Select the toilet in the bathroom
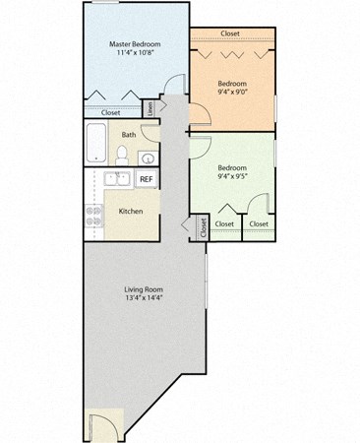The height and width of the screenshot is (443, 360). [122, 155]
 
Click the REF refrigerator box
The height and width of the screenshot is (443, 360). [145, 179]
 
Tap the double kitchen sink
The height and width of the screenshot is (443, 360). [114, 179]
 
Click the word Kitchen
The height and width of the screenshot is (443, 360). [132, 211]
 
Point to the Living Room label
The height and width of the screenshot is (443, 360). [143, 288]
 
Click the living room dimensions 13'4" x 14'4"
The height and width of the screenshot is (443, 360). [143, 299]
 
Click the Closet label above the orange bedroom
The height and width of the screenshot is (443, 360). [230, 33]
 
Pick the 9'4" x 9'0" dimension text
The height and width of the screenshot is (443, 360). [232, 95]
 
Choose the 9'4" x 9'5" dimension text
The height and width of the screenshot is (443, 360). [233, 179]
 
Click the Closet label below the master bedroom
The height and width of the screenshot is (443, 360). [110, 112]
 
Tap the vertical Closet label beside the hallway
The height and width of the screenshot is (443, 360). [204, 228]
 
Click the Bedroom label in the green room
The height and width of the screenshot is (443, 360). [233, 167]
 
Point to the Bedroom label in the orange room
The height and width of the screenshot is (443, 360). [232, 85]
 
